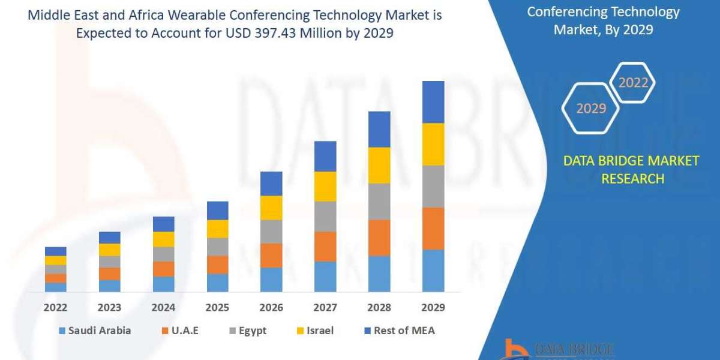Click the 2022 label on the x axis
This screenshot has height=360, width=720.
[55, 308]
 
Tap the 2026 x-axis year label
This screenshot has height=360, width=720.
[271, 308]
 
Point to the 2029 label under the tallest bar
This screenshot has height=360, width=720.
[433, 308]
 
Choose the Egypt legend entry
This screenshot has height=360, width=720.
[248, 331]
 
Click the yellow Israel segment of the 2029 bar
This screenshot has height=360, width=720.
[433, 144]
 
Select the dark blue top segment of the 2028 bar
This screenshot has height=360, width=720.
[379, 129]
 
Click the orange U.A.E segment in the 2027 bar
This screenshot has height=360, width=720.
[325, 247]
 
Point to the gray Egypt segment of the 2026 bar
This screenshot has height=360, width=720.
[271, 232]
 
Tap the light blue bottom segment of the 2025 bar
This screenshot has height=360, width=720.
[217, 283]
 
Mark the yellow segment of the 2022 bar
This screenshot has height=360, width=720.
[55, 260]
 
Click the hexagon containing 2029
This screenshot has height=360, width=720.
[590, 108]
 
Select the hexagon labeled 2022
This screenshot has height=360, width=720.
[633, 82]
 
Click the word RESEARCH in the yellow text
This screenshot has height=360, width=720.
[632, 179]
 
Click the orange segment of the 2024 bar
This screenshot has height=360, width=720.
[163, 269]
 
